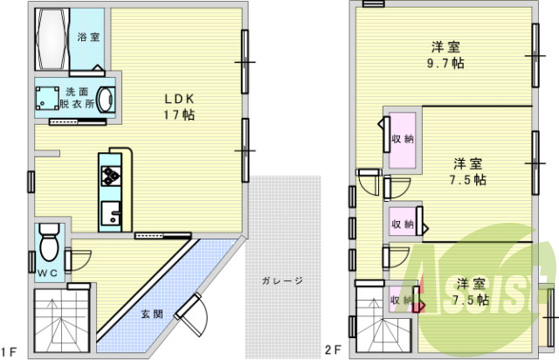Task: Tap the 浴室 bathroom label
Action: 87,37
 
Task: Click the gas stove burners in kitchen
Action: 113,176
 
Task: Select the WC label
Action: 47,273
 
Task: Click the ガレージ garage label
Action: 281,281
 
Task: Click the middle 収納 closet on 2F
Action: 403,223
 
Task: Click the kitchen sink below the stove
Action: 112,212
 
